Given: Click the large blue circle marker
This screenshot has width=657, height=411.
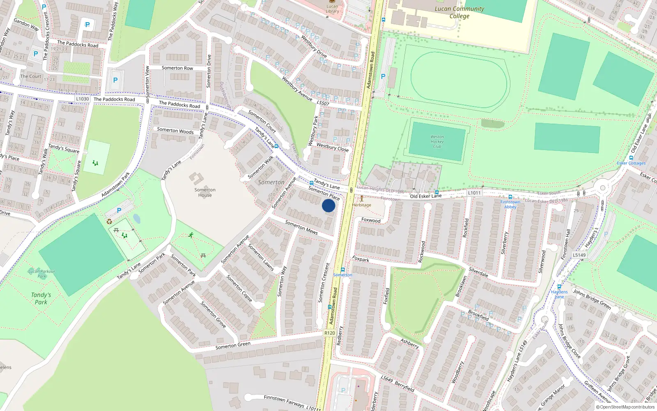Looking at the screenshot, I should tap(328, 205).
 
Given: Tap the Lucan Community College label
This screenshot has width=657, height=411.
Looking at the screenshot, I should tap(459, 12).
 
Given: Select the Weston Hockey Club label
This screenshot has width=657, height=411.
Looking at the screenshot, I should tap(437, 141).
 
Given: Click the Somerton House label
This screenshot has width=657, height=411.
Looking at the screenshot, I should tap(205, 192).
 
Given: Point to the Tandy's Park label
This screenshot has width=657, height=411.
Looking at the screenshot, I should tap(41, 298).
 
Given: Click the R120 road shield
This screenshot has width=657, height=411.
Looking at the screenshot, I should tap(329, 333).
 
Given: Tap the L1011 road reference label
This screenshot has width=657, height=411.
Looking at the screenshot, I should tap(474, 193).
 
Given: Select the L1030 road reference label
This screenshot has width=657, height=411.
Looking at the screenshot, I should tap(82, 99).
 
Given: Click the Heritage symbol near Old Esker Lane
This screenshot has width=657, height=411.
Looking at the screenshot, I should tap(361, 199).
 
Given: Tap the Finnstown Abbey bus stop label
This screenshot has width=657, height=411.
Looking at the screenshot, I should tap(510, 204).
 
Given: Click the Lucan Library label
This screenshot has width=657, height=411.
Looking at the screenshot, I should tap(332, 9).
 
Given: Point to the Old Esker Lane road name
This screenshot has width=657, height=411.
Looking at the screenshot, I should tap(425, 196).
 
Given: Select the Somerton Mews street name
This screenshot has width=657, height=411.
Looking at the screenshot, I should tap(301, 227).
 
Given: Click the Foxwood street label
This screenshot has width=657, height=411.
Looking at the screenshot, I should tap(371, 220).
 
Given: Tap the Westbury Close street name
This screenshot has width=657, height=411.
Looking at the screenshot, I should tap(333, 147).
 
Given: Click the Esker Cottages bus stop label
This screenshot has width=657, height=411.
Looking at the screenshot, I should tap(631, 163).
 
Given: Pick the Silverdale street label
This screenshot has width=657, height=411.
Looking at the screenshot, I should tap(478, 272).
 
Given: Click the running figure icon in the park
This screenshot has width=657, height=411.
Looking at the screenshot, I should tap(191, 235).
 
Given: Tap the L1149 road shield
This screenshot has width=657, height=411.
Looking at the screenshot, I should tap(579, 255).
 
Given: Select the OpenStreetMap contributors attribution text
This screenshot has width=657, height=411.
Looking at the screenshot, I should tap(625, 407).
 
